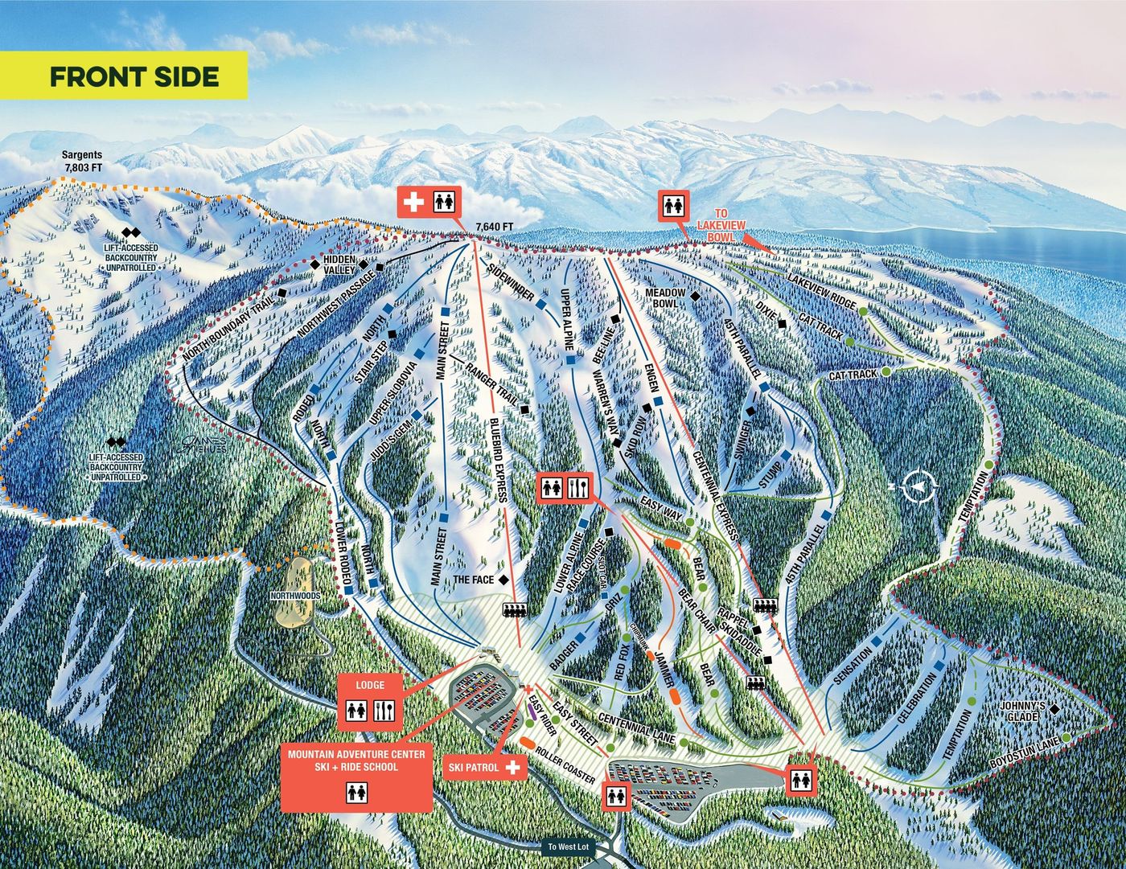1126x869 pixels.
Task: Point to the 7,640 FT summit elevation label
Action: pyautogui.click(x=495, y=226)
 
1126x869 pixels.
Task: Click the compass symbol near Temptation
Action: pyautogui.click(x=919, y=486)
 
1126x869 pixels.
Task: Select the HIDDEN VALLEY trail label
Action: pyautogui.click(x=339, y=265)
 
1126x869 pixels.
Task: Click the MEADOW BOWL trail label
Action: pyautogui.click(x=665, y=298)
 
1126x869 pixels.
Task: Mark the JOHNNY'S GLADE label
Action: pyautogui.click(x=1023, y=711)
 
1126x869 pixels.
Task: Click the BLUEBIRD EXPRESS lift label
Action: pyautogui.click(x=497, y=459)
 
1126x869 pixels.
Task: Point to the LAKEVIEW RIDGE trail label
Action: pyautogui.click(x=821, y=291)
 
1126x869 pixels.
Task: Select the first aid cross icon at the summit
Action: pyautogui.click(x=414, y=202)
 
